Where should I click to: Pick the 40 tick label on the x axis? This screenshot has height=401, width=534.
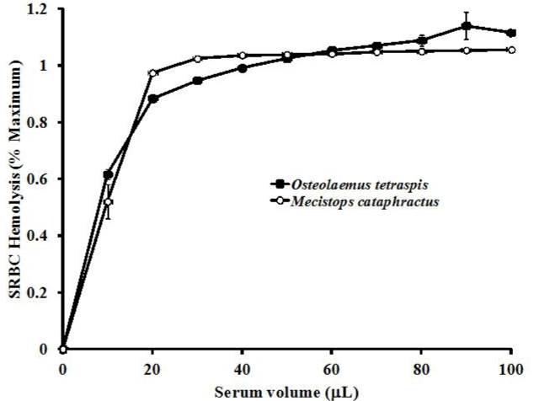(242, 368)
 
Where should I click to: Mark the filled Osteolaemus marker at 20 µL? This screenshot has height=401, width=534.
(152, 99)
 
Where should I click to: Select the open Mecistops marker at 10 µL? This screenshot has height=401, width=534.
(108, 202)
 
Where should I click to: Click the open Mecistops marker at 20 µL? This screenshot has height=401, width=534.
(152, 73)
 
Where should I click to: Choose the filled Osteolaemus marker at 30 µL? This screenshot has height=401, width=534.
(197, 81)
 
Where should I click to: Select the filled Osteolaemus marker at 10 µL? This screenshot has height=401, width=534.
(108, 175)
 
